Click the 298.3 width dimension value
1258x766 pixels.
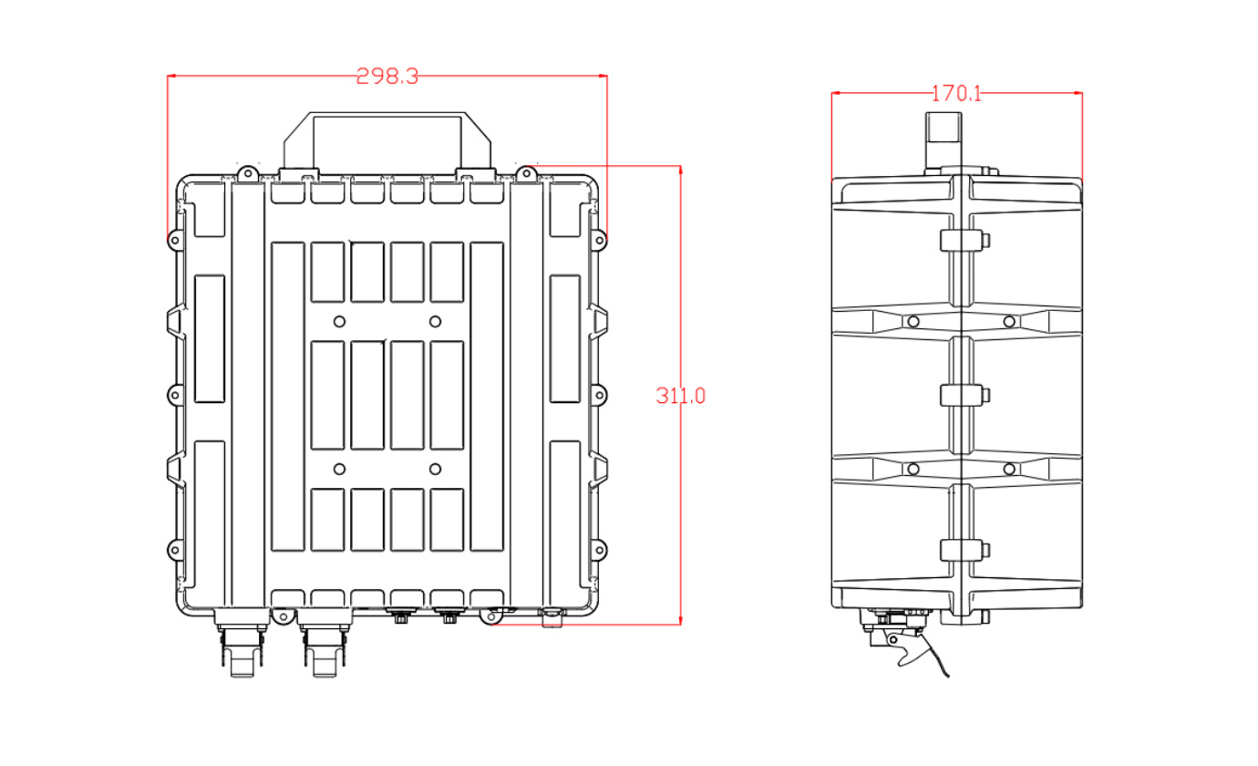click(x=387, y=77)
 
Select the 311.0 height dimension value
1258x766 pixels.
click(x=681, y=396)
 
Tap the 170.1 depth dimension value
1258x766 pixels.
click(x=956, y=93)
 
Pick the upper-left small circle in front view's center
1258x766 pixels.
click(x=340, y=321)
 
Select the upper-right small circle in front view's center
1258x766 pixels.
click(x=436, y=321)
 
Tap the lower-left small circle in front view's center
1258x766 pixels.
click(x=340, y=469)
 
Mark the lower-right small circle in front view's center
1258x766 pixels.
click(x=436, y=469)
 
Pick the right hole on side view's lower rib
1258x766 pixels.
click(x=1009, y=469)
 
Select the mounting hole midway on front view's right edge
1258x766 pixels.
click(x=600, y=396)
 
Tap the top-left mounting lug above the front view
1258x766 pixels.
click(x=246, y=171)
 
